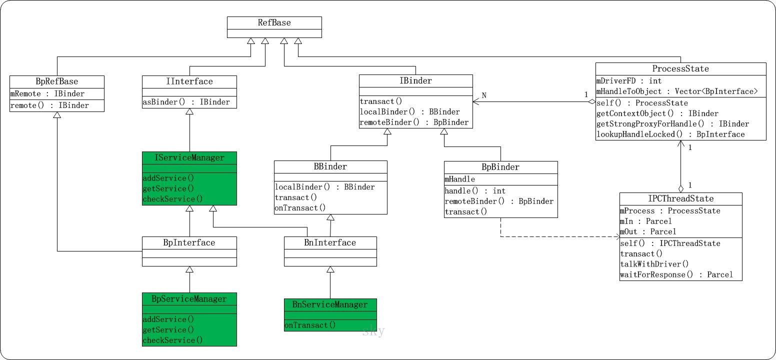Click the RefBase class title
point(274,23)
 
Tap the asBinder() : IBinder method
point(186,102)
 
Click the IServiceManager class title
point(189,158)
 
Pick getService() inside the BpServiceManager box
point(168,329)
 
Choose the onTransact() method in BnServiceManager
point(310,325)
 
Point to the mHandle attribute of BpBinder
point(459,179)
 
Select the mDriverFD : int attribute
point(628,80)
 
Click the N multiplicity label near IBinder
point(484,95)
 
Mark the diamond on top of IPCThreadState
point(680,188)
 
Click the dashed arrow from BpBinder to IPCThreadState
point(550,236)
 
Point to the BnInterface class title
point(330,243)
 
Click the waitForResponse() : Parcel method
point(676,274)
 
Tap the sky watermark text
point(373,331)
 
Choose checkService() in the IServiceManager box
point(173,199)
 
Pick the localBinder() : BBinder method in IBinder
point(409,112)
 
